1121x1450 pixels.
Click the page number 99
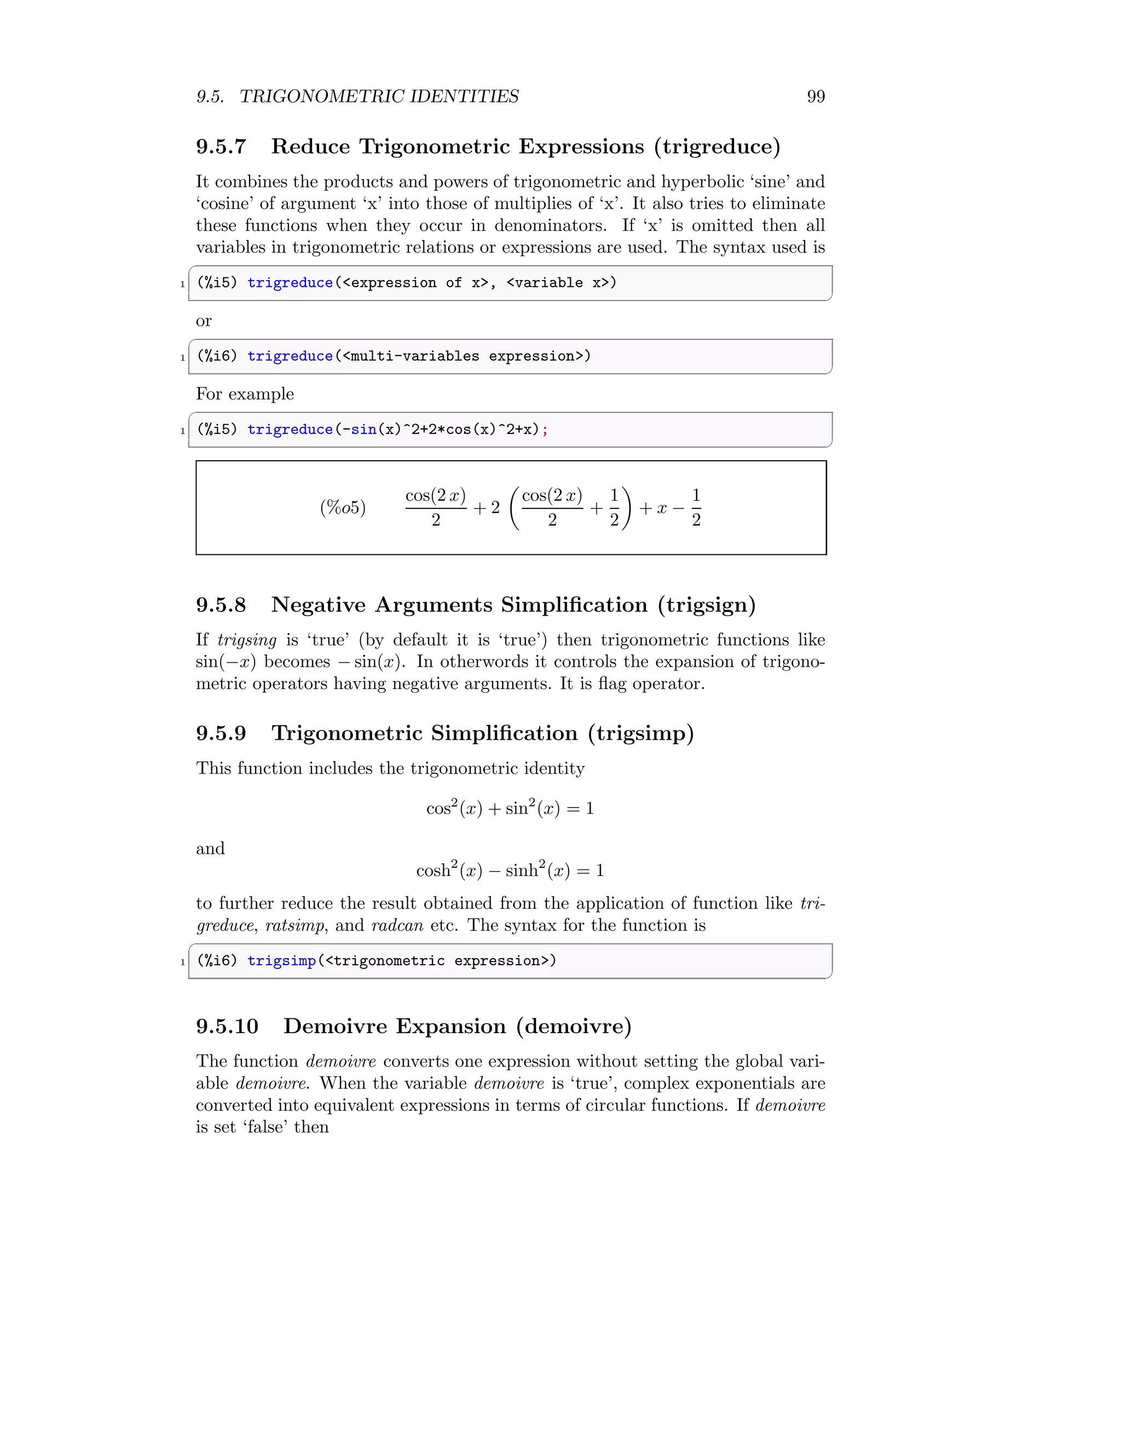point(816,97)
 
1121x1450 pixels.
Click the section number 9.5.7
point(221,147)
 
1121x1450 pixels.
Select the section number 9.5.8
point(221,605)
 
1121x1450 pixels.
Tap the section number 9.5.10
point(227,1026)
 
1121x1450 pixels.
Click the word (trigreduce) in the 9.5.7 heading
point(717,147)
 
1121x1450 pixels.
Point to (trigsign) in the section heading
point(707,605)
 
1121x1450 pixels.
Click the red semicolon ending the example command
point(545,430)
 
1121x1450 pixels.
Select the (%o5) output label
point(343,508)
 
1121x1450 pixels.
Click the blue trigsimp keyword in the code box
point(281,961)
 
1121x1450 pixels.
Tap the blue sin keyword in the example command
point(364,430)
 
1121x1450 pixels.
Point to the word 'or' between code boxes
point(204,321)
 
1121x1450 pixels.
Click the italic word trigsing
point(247,640)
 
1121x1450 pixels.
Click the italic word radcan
point(397,925)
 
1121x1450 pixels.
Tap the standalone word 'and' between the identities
point(210,849)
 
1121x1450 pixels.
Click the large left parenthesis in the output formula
point(515,508)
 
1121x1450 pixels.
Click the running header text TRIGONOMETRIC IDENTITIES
point(379,97)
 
